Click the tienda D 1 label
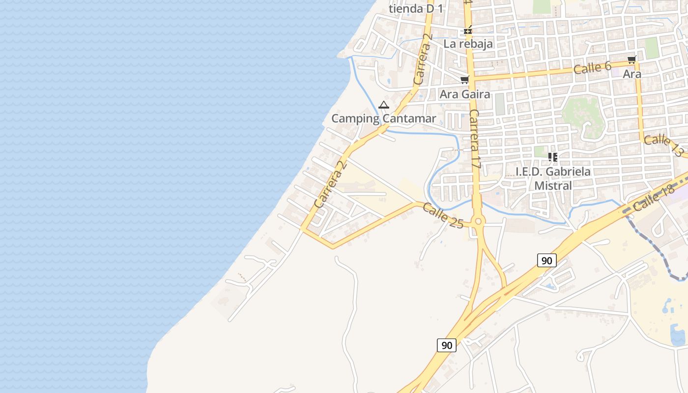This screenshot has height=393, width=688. (416, 8)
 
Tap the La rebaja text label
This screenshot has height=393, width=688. (468, 44)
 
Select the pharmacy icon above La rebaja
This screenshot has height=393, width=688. (468, 30)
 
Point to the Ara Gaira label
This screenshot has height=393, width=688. (465, 94)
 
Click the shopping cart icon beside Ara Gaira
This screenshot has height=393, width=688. (464, 80)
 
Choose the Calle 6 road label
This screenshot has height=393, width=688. (592, 68)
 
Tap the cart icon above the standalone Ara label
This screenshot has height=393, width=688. (631, 60)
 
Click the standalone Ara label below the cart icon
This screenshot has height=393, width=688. (632, 74)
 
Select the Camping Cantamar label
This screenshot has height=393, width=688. (383, 118)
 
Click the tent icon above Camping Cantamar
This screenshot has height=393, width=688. (384, 105)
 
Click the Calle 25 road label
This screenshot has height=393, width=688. (443, 216)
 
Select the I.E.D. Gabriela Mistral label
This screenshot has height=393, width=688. (553, 178)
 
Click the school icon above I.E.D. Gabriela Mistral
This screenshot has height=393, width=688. (553, 157)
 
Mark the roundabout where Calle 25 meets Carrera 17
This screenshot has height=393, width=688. (478, 222)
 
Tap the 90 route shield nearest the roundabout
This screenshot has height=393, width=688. (546, 260)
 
